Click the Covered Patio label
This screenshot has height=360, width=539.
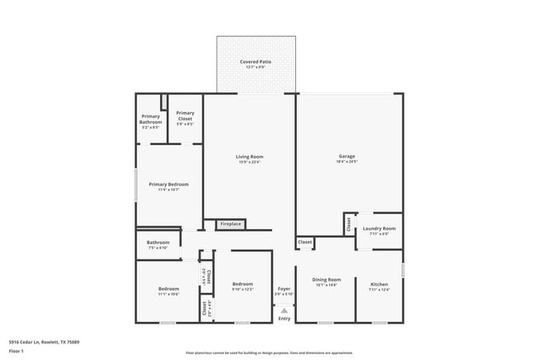pos(255,62)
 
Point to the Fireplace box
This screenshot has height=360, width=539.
pos(231,224)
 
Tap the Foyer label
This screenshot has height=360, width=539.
pos(284,288)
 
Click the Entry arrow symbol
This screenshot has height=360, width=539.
pos(284,309)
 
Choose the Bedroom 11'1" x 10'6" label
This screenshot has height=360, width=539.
pos(168,289)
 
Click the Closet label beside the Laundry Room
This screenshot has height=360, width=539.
pos(349,225)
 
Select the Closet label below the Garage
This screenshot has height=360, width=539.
pos(305,242)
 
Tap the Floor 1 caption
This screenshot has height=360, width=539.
pos(17,350)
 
